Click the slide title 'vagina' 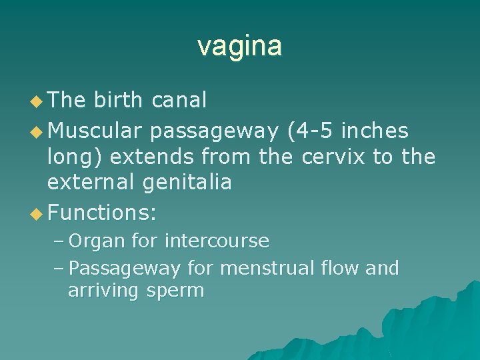tap(239, 46)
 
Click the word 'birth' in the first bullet tap(118, 100)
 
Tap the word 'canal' tap(179, 100)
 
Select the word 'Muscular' tap(96, 131)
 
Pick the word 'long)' tap(75, 157)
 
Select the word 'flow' tap(339, 268)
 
